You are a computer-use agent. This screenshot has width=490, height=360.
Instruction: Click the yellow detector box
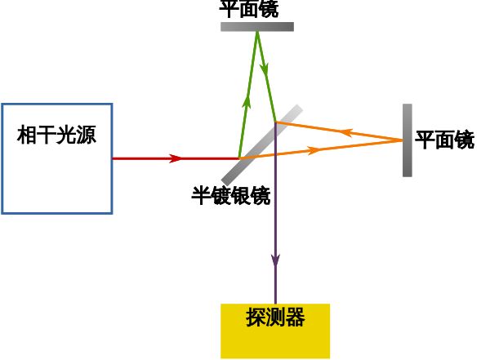[x=275, y=331]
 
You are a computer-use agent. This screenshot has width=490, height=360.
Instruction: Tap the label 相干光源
[x=56, y=135]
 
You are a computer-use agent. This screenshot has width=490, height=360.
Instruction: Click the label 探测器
[x=275, y=318]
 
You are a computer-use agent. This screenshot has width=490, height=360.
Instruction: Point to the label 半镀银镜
[x=231, y=196]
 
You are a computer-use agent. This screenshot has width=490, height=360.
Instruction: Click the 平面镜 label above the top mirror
[x=249, y=9]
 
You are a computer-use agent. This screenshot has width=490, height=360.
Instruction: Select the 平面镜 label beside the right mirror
[x=445, y=140]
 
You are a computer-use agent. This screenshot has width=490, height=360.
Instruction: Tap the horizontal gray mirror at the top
[x=257, y=27]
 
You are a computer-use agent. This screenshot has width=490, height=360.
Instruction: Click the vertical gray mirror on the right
[x=408, y=140]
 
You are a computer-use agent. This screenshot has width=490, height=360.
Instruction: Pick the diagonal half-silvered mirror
[x=262, y=145]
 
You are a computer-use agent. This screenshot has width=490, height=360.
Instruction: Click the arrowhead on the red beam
[x=176, y=158]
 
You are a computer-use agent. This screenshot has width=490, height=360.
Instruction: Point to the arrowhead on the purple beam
[x=275, y=260]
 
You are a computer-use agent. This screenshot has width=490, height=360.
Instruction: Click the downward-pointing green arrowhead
[x=265, y=70]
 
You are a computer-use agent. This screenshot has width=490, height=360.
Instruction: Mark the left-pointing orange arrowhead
[x=346, y=132]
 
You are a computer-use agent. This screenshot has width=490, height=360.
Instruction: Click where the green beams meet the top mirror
[x=257, y=32]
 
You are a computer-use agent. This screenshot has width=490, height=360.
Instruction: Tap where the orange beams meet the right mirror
[x=403, y=140]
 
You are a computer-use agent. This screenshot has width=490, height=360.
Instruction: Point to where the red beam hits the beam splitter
[x=239, y=158]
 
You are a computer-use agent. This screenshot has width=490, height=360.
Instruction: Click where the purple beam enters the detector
[x=275, y=304]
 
